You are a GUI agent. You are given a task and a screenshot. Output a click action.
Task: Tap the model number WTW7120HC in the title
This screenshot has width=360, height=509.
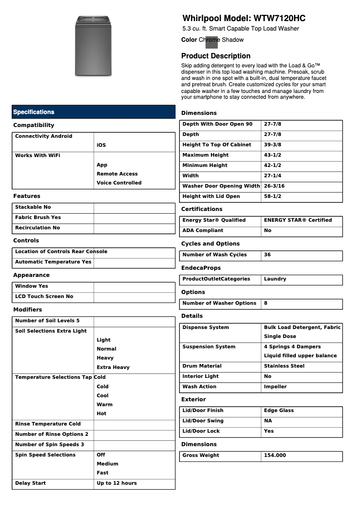point(280,19)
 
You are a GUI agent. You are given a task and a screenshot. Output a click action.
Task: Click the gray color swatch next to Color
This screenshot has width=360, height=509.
point(211,42)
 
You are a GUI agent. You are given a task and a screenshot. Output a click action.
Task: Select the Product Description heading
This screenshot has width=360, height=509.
point(215,56)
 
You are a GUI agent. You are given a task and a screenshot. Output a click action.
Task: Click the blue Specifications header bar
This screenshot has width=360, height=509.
point(93,112)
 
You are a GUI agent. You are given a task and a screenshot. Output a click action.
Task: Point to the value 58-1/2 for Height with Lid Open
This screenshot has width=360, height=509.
point(272,196)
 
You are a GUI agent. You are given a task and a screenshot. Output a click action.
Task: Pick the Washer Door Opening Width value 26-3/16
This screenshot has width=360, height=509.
point(274,186)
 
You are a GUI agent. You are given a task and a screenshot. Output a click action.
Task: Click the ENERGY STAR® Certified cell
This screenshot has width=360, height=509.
point(298,220)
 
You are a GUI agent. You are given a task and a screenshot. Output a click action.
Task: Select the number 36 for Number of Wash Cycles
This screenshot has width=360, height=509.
point(268,254)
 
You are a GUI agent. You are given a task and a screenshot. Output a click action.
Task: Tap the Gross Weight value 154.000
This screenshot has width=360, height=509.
point(275,455)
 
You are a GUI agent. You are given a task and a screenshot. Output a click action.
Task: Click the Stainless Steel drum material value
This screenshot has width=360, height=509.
point(284,366)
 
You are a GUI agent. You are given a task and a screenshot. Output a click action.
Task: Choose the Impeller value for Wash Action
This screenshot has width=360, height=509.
point(275,386)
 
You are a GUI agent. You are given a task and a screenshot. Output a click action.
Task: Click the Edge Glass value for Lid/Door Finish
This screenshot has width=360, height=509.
point(279,410)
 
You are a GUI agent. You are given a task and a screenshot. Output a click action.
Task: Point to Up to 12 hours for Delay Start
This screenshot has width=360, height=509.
point(117,483)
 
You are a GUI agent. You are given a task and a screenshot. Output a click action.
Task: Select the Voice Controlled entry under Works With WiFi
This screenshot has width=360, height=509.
point(119,183)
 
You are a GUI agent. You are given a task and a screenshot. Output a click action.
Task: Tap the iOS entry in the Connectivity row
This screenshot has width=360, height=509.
point(101,145)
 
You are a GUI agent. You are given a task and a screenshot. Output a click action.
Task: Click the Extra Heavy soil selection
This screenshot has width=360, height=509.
point(113,367)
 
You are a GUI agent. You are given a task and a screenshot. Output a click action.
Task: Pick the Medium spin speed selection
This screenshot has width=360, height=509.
point(107,464)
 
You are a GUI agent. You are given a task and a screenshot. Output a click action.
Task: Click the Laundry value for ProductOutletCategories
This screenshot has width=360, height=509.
point(275,279)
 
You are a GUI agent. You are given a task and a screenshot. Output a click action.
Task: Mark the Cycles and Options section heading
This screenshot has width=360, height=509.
point(210,244)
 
